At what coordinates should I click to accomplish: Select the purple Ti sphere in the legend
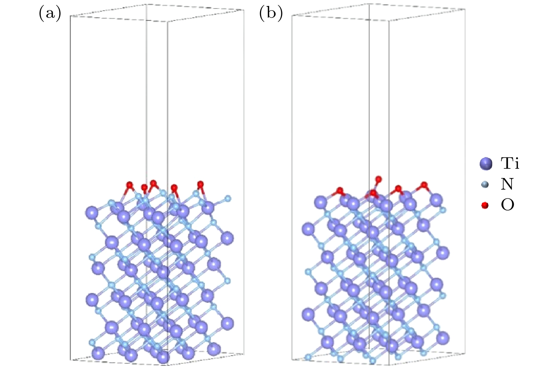click(486, 164)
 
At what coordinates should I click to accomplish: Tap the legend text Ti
click(510, 163)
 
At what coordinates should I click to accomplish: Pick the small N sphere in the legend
click(485, 185)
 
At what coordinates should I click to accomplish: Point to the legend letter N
click(507, 184)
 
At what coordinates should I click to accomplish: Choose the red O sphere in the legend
click(485, 205)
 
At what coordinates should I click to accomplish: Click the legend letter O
click(507, 205)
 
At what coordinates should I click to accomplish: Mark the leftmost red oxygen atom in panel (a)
click(129, 185)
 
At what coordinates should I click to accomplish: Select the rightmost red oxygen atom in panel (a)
click(200, 184)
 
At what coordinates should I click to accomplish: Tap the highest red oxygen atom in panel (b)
click(378, 179)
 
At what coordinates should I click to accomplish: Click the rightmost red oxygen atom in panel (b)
click(424, 185)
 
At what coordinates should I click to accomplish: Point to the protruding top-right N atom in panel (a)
click(228, 198)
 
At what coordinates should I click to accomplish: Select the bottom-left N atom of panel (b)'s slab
click(308, 357)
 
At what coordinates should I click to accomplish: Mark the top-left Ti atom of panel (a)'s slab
click(91, 213)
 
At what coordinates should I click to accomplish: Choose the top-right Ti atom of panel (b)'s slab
click(436, 200)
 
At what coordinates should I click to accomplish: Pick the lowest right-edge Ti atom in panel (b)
click(443, 338)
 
